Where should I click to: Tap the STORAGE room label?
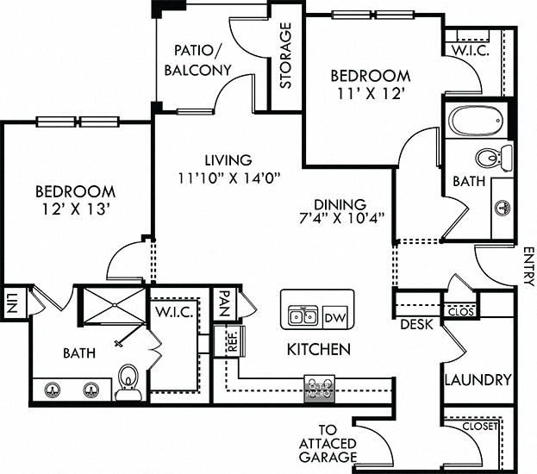coord(285,56)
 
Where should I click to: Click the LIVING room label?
coord(228,160)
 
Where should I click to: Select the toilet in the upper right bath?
coord(492,159)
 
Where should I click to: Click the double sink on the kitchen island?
coord(302,316)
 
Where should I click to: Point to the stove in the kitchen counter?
coord(320,388)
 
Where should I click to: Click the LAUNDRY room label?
coord(478,379)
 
